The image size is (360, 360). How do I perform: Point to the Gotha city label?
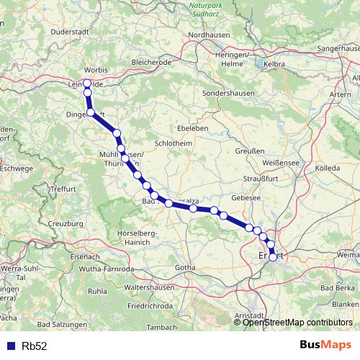(184, 268)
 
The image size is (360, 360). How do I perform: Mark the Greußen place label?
(251, 151)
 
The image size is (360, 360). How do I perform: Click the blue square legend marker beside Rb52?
(11, 346)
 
